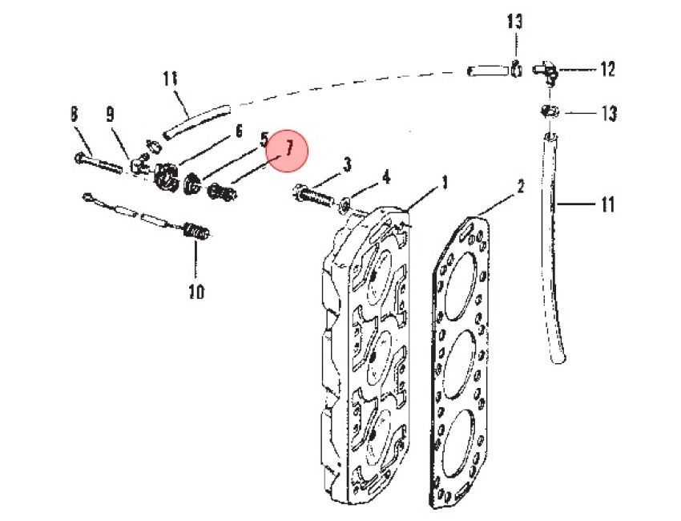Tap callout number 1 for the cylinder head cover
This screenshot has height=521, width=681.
[444, 183]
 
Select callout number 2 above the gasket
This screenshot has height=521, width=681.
[520, 186]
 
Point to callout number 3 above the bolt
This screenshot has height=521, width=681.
[347, 165]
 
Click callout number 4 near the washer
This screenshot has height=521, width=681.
[385, 177]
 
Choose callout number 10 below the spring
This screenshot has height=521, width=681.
[196, 291]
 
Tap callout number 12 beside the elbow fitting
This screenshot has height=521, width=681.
[607, 70]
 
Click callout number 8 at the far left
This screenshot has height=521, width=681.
[74, 115]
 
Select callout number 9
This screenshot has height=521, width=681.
[111, 115]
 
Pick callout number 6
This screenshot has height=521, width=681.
[239, 131]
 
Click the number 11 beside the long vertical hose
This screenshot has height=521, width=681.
[607, 204]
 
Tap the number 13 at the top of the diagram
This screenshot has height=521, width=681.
[515, 22]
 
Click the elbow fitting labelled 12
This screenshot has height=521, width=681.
[545, 71]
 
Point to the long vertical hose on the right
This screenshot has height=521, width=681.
[554, 248]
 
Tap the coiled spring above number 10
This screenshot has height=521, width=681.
[196, 232]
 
